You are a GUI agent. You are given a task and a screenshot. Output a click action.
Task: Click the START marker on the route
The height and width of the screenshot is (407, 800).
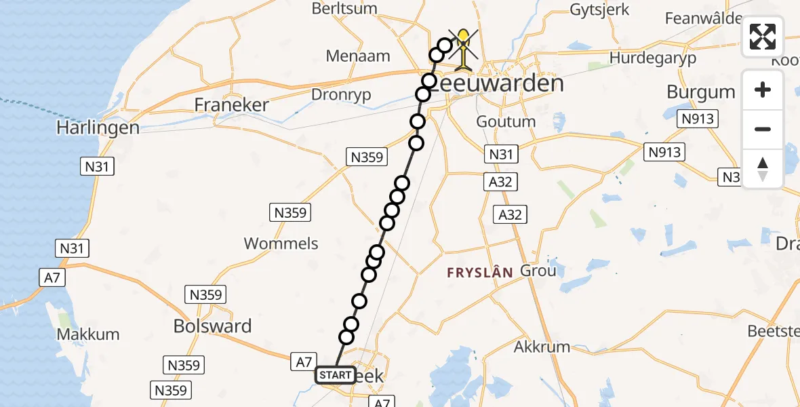[335, 375]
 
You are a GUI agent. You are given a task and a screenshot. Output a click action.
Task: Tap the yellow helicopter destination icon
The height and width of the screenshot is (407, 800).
[463, 49]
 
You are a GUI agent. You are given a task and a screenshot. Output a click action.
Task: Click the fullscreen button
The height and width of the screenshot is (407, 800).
[763, 37]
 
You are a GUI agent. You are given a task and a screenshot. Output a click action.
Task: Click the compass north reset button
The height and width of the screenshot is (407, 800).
[763, 169]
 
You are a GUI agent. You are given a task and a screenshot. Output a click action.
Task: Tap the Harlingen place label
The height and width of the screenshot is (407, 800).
[98, 128]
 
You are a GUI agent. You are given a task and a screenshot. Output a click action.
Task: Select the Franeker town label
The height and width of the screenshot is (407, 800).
[231, 104]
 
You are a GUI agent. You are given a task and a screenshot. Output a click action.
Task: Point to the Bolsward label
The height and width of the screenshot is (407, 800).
[212, 326]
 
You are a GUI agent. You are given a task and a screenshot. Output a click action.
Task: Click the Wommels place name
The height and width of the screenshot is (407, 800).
[281, 244]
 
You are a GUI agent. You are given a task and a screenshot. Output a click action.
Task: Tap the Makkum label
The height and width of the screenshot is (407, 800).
[88, 334]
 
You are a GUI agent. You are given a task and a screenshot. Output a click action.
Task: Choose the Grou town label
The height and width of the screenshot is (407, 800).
[538, 271]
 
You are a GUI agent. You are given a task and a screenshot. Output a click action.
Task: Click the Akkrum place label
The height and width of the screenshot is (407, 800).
[542, 347]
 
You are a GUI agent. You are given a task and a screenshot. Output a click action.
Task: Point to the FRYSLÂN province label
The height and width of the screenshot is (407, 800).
[479, 273]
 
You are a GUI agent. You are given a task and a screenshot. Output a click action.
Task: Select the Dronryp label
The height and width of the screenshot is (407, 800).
[341, 95]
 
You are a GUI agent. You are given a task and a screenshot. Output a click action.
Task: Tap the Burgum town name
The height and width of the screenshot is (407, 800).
[700, 92]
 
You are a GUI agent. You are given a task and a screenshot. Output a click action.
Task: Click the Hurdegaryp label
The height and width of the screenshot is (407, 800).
[652, 58]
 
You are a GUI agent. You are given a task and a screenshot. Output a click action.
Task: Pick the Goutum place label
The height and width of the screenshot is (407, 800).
[506, 121]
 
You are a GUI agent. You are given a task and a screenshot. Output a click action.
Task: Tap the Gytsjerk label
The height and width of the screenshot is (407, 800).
[599, 10]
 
